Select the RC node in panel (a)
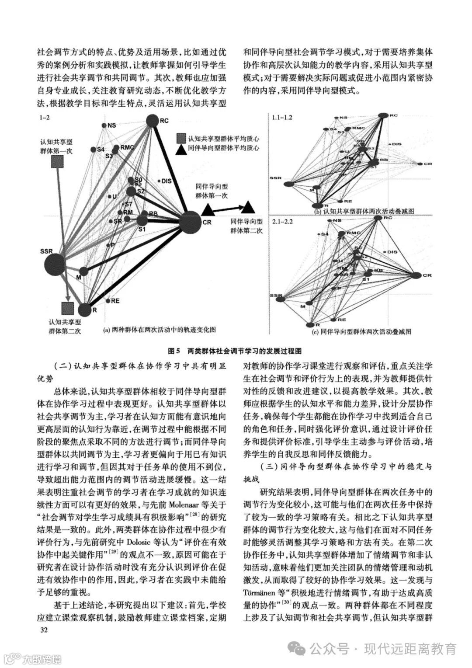coord(152,121)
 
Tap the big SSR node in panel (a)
coord(55,264)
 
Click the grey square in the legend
coord(180,139)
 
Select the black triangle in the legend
coord(180,150)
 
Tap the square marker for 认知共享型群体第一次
coord(57,163)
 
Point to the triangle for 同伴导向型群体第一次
coord(208,210)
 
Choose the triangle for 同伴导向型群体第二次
coord(249,207)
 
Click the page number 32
coord(44,630)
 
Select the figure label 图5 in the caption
coord(174,351)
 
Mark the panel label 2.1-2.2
coord(282,222)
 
